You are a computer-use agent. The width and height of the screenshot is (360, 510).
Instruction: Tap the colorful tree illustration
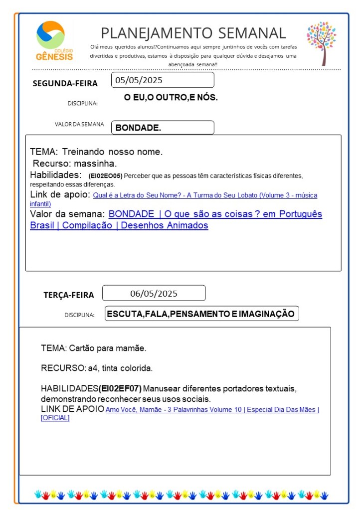322,42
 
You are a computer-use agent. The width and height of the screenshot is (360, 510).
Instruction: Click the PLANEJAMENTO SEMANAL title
193,33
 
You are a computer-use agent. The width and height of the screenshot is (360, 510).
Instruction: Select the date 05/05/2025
139,80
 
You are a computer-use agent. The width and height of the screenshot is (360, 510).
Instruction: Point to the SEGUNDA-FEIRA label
65,84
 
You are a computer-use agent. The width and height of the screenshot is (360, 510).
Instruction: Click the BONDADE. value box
163,128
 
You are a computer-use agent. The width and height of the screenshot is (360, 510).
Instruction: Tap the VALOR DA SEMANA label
79,124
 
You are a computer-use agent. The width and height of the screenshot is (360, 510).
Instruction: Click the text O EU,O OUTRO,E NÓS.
171,97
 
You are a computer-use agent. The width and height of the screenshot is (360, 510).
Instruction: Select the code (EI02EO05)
105,176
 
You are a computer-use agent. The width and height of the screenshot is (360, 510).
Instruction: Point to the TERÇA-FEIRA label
68,295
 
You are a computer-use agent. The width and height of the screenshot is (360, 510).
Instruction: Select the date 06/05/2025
154,293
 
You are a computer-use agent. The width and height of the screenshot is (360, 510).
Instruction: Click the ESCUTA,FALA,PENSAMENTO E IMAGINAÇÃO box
202,314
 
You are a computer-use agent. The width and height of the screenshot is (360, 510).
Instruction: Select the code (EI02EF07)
120,388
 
